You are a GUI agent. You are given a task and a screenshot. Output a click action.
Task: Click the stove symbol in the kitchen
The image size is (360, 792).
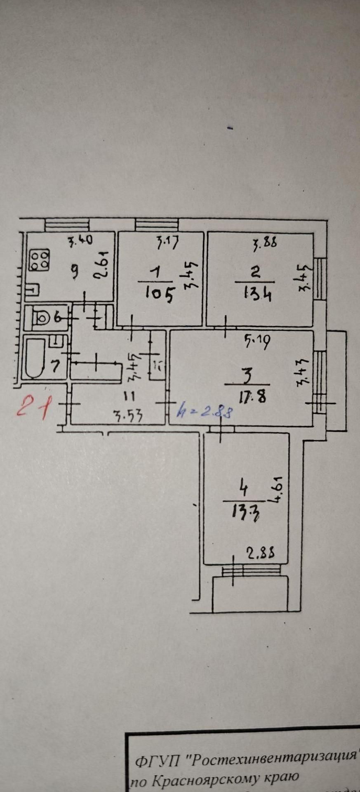point(39,260)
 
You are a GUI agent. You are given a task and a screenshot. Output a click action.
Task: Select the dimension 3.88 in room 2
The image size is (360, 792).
point(265,245)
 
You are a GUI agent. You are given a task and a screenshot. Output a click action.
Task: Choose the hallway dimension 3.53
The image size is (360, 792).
point(128,416)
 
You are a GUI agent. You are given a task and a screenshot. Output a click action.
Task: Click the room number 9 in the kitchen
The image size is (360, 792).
point(75,272)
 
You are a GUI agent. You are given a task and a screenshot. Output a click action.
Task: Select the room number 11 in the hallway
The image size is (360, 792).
point(129,397)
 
